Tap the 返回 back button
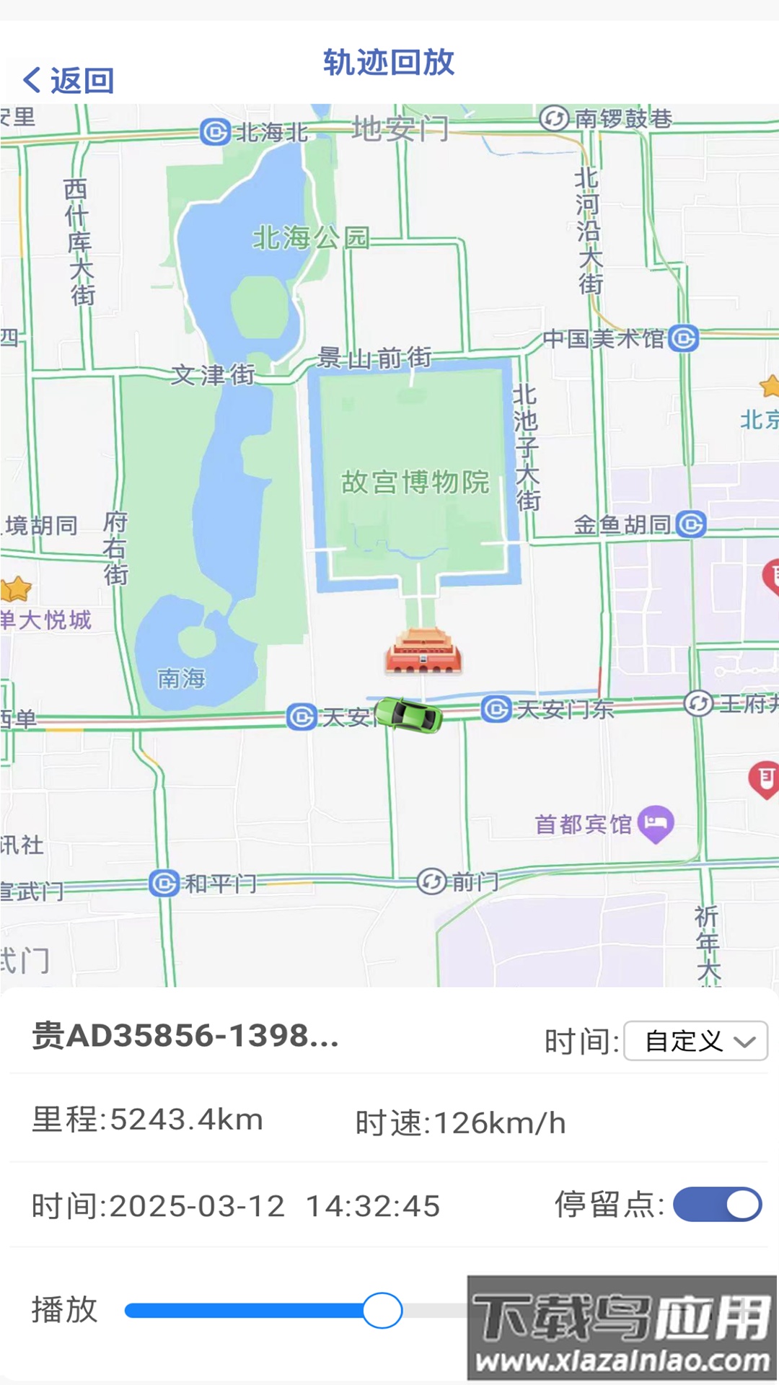(69, 80)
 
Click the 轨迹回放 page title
(389, 63)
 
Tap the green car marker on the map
(409, 715)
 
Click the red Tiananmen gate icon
(423, 651)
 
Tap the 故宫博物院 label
(415, 482)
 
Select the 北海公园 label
(311, 237)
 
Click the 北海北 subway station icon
(215, 132)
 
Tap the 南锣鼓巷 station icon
(554, 118)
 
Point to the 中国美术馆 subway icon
(683, 338)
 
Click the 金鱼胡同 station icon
(691, 524)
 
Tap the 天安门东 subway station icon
(496, 709)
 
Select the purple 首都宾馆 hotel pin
(656, 822)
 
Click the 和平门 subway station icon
(164, 883)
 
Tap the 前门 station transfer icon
(431, 881)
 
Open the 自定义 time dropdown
(695, 1041)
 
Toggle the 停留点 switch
(717, 1204)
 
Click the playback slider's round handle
(382, 1311)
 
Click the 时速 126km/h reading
(460, 1122)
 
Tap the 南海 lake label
(181, 678)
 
